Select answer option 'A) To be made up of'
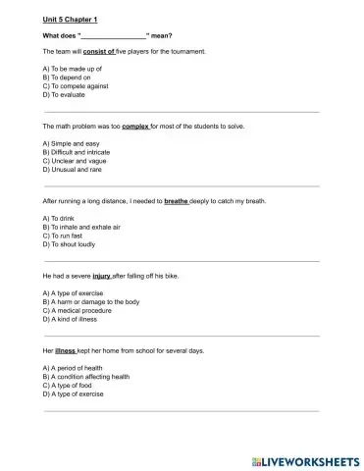click(x=74, y=69)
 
